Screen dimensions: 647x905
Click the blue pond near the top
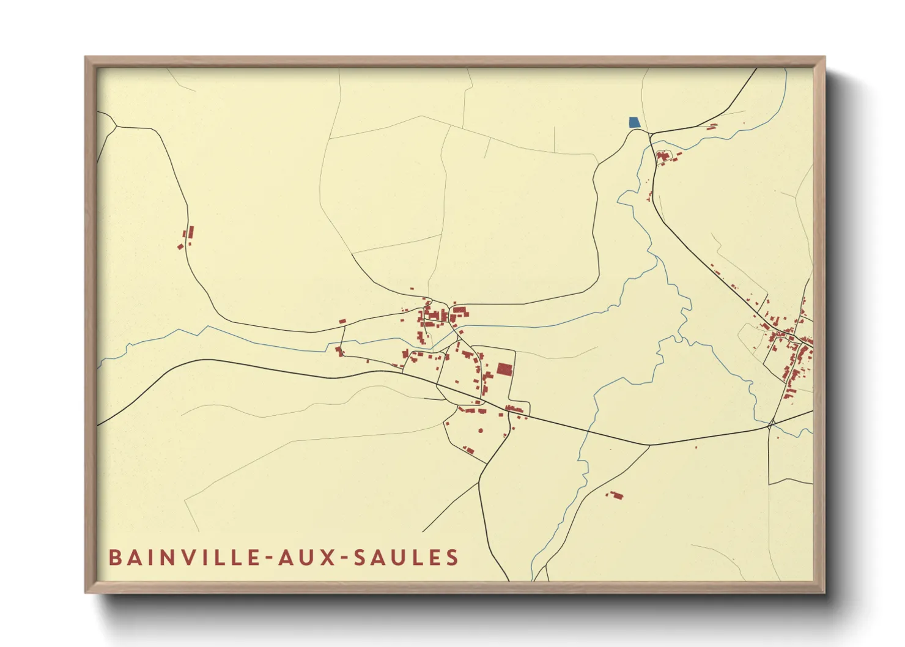click(x=635, y=122)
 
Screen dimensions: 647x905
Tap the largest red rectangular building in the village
click(x=504, y=369)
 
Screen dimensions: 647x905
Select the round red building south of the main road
click(x=481, y=431)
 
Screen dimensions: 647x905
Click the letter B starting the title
click(x=114, y=558)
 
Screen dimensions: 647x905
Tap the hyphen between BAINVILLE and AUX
click(x=267, y=558)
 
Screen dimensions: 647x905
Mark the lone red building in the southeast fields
click(x=616, y=495)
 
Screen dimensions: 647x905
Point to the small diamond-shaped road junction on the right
click(x=772, y=423)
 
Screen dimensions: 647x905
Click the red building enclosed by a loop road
click(x=663, y=157)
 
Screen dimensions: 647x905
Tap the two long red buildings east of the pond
click(x=712, y=127)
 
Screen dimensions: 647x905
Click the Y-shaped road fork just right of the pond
click(x=651, y=134)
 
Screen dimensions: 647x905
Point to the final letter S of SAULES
click(x=452, y=558)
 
